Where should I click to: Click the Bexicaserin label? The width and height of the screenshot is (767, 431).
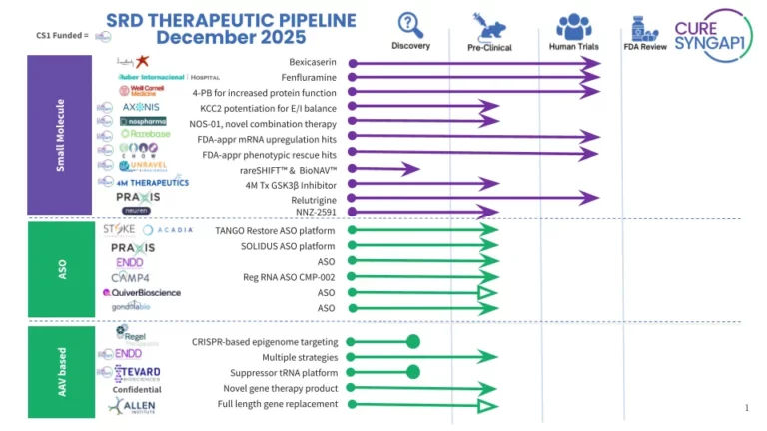[312, 63]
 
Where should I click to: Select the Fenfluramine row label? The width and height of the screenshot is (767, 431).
[310, 78]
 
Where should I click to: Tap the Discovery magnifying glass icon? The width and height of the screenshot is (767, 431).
[410, 24]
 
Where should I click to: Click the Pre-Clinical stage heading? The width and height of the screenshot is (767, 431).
[489, 47]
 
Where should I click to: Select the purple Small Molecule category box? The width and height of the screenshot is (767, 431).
[61, 136]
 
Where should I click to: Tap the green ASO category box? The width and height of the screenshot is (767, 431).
[61, 269]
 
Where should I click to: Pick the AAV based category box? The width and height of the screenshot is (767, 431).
[61, 371]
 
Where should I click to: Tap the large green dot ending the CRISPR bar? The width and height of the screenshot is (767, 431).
[412, 342]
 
